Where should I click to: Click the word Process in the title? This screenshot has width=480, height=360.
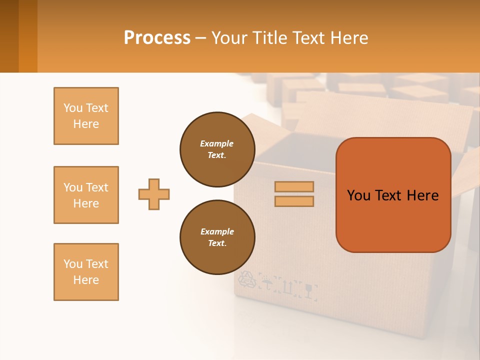pos(157,38)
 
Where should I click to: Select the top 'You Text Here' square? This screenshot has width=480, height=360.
pos(86,116)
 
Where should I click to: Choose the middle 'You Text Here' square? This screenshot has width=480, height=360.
pos(86,195)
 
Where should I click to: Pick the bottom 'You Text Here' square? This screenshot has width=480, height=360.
pos(86,272)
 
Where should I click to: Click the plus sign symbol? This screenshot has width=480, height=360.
pos(154,194)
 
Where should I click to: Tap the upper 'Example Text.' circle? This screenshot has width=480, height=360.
pos(217,149)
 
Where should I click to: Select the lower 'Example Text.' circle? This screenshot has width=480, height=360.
pos(217,237)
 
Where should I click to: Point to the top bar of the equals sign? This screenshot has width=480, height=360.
pos(294,186)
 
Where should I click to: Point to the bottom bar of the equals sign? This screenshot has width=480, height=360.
pos(294,201)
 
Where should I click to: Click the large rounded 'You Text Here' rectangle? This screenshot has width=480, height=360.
pos(393,195)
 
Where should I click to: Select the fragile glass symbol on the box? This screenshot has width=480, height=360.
pos(310,290)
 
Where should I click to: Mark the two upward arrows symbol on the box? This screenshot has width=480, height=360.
pos(288,286)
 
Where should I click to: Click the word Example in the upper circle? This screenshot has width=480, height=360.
pos(216,143)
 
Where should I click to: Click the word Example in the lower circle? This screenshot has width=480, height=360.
pos(217,231)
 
